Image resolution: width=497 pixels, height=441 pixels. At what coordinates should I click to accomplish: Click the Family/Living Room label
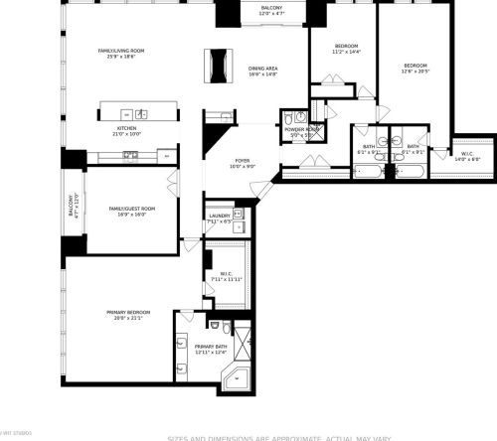(x=121, y=51)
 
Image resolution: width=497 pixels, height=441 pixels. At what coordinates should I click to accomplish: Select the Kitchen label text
(x=126, y=129)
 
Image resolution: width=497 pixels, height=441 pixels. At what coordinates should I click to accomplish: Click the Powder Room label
(x=301, y=130)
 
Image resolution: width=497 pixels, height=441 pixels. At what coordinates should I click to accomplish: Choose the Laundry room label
(x=219, y=216)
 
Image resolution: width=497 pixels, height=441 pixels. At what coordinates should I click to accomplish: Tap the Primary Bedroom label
(x=126, y=313)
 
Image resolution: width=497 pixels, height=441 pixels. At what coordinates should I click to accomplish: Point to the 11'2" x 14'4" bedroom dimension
(x=346, y=52)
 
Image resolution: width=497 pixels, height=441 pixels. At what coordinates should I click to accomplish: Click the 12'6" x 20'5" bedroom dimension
(x=413, y=71)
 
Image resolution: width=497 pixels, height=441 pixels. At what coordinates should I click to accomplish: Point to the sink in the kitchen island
(x=142, y=113)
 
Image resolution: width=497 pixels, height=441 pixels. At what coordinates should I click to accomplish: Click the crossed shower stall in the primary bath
(x=245, y=338)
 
